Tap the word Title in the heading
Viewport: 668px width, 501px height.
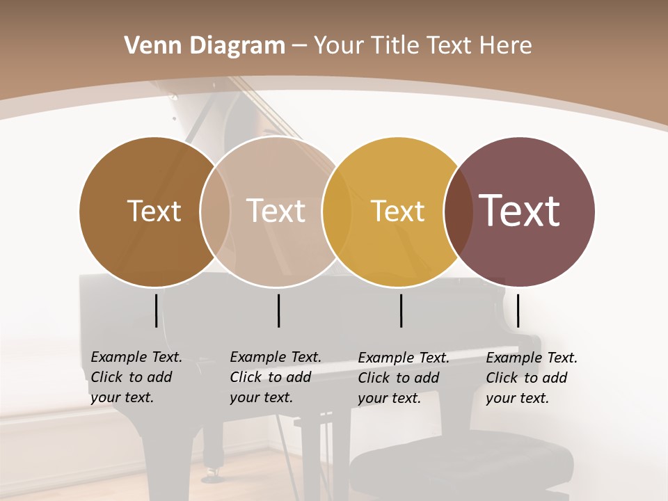pos(396,46)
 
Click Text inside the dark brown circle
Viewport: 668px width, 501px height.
pos(154,211)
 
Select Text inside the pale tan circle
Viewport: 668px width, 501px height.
pos(276,211)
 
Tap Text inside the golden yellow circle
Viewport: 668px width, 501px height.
pos(397,211)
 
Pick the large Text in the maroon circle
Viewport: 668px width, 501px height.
pos(520,211)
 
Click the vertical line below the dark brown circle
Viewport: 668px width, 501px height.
pos(156,310)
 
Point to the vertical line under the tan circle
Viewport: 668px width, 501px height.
pos(278,310)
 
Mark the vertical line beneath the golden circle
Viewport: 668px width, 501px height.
pos(401,310)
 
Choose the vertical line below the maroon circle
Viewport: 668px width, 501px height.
pos(518,310)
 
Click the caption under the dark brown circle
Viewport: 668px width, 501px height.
pos(136,377)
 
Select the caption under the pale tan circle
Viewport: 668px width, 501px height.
pos(276,377)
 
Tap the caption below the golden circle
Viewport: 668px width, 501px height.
pos(404,378)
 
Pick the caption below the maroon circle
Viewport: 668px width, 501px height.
pos(532,378)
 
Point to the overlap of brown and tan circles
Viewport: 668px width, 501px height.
pos(215,212)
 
